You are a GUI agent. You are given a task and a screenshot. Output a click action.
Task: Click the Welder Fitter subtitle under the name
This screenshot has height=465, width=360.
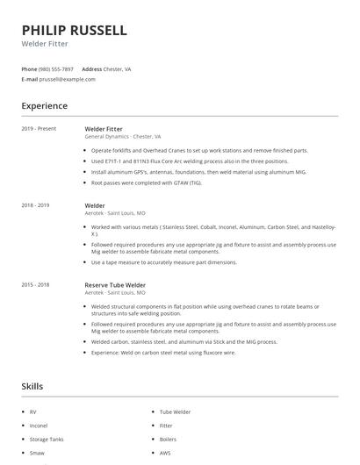[x=45, y=44]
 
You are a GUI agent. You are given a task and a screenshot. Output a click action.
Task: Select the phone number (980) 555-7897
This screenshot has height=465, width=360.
[x=56, y=68]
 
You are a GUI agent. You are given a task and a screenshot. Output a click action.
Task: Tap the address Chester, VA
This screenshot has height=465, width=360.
[x=118, y=68]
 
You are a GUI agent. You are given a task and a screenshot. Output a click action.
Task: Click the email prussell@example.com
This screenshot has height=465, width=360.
[x=67, y=79]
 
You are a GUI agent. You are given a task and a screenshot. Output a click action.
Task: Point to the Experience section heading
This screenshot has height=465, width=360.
[x=44, y=106]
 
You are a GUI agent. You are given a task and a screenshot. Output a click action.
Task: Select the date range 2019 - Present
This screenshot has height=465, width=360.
[x=39, y=129]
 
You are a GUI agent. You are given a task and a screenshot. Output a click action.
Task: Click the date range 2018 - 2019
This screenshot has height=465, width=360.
[x=35, y=205]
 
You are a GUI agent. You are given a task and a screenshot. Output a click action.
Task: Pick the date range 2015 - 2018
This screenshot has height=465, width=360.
[x=35, y=285]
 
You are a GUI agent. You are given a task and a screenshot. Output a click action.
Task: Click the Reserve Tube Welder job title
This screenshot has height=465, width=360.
[x=115, y=285]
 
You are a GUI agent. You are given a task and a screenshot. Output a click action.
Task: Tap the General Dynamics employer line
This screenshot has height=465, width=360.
[x=123, y=137]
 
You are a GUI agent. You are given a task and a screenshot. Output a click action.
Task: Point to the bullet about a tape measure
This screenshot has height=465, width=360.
[x=164, y=261]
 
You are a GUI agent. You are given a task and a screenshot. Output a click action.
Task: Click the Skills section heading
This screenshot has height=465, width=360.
[x=32, y=386]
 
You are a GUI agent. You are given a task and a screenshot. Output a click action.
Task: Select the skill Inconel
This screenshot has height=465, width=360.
[x=39, y=425]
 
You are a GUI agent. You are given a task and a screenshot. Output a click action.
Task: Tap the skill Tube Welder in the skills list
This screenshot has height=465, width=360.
[x=175, y=411]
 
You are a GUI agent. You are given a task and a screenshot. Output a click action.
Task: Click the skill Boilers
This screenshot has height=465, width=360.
[x=168, y=439]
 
